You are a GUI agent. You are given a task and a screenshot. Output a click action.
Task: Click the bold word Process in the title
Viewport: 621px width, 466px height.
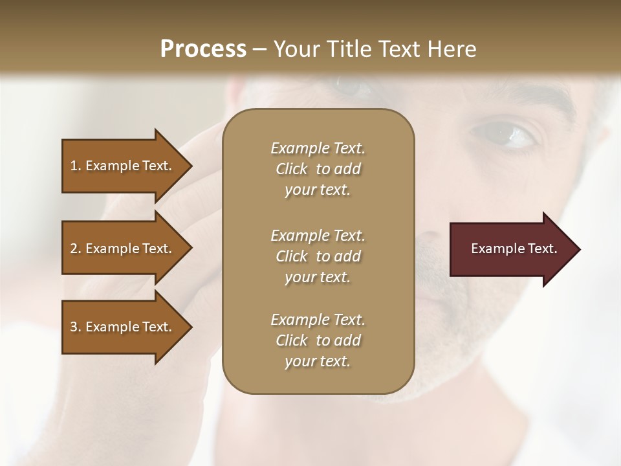click(x=203, y=49)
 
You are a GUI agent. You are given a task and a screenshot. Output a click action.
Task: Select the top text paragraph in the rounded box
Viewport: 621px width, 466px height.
click(x=318, y=169)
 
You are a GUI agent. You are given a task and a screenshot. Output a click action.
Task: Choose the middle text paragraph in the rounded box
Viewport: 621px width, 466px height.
click(x=318, y=256)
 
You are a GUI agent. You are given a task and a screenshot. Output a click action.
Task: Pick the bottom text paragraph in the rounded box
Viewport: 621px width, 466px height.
click(x=318, y=340)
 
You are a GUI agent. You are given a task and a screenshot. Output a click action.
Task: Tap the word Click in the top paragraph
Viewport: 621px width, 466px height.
click(x=292, y=169)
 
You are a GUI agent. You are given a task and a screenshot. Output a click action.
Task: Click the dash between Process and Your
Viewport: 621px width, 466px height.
click(x=260, y=49)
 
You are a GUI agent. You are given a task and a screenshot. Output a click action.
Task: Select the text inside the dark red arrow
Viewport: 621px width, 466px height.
click(x=514, y=249)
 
